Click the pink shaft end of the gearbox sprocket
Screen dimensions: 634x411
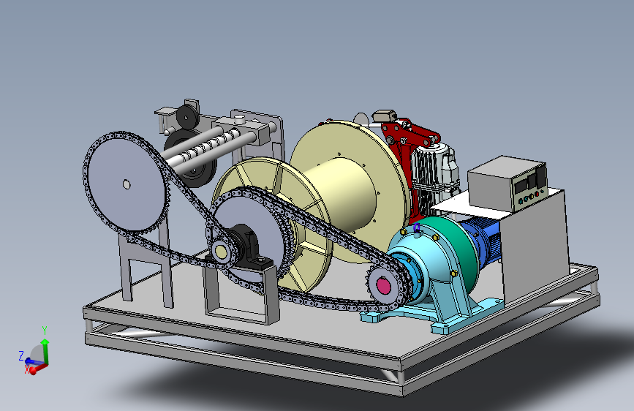coord(383,286)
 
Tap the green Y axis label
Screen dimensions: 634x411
coord(45,331)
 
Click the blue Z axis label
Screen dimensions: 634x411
coord(21,356)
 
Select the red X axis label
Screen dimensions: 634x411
coord(27,369)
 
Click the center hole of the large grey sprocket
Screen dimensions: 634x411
coord(127,185)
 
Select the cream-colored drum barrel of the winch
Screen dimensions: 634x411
coord(344,195)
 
